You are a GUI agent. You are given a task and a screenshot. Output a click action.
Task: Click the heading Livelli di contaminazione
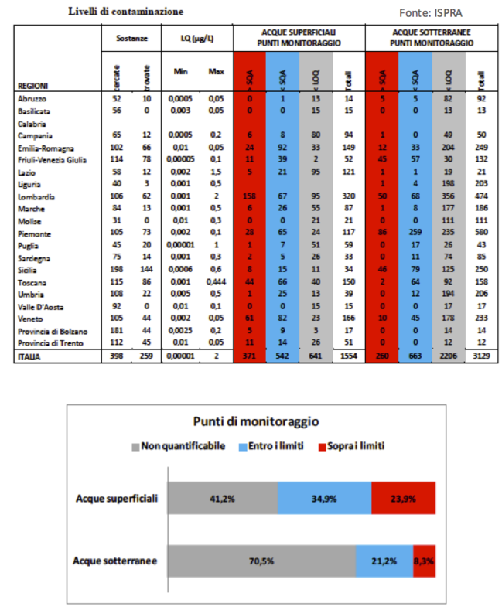tap(126, 12)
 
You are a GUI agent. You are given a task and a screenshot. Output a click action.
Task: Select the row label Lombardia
tap(36, 196)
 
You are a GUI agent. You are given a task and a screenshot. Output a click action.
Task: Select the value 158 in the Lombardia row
tap(250, 196)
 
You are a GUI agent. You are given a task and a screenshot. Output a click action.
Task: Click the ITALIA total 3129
tap(481, 356)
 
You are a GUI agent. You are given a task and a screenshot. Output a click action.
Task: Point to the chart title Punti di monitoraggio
tap(255, 421)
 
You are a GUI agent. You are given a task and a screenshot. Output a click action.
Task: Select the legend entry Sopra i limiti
tap(352, 445)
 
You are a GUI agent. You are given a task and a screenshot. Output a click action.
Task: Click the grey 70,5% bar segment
tap(261, 561)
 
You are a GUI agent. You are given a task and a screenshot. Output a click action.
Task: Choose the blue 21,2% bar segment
tap(384, 561)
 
